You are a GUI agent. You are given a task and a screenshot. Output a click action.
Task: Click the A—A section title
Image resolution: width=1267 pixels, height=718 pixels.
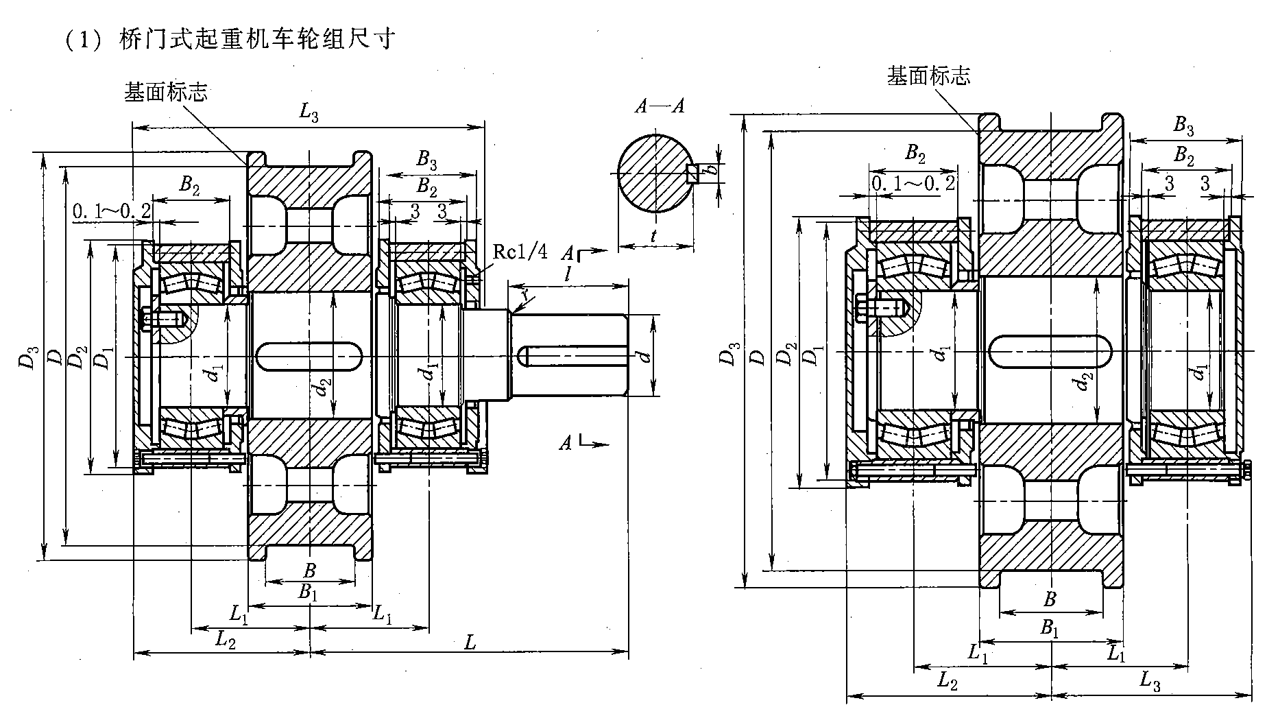660,106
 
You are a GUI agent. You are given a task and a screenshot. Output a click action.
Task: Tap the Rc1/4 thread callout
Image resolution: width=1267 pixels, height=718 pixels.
520,252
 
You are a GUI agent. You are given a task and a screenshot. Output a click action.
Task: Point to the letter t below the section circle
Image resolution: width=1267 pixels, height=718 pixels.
655,236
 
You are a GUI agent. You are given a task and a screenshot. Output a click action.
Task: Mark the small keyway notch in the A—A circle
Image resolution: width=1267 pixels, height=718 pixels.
692,174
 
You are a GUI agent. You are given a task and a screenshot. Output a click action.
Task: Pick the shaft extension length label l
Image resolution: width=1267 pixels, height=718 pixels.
568,274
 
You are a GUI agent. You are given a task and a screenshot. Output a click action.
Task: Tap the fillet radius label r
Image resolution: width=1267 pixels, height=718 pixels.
525,295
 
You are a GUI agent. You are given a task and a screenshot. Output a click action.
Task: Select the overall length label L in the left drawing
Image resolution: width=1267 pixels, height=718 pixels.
470,643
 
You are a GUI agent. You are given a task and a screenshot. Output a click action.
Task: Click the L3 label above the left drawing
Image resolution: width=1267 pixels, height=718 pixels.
309,114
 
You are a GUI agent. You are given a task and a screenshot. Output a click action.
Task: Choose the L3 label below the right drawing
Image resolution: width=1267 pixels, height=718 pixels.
1150,681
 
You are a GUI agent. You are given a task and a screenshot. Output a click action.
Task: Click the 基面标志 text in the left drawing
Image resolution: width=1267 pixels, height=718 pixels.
165,93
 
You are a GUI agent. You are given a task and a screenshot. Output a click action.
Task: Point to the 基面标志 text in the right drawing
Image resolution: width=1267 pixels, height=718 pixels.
928,75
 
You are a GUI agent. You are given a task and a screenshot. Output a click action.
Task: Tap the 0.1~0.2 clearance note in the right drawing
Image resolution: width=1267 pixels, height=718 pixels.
913,183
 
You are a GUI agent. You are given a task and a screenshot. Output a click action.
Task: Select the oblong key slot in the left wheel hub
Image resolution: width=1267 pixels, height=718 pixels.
309,357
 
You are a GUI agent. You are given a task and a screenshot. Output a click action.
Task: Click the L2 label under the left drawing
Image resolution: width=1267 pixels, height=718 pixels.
226,639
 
